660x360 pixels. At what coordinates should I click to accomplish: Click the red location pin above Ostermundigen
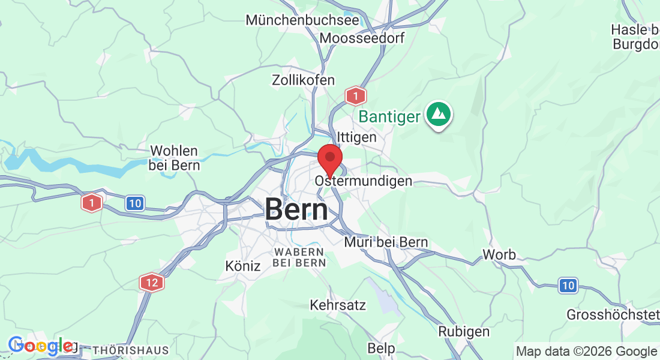coord(329,160)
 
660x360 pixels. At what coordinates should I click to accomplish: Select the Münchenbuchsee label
coord(302,20)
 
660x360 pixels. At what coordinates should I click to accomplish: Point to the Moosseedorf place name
coord(362,38)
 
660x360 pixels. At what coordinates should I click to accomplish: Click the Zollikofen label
coord(303,80)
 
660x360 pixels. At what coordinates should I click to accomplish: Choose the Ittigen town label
coord(357,137)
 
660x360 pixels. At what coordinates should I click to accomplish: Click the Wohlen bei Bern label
coord(175,158)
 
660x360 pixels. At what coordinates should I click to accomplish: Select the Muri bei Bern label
coord(386,242)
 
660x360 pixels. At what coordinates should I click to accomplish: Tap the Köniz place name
coord(243,265)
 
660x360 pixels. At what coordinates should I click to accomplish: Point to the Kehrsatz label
coord(338,305)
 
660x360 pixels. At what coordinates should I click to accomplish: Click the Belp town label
coord(381,348)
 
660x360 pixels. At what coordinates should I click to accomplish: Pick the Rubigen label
coord(464,331)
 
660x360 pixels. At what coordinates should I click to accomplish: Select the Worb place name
coord(499,254)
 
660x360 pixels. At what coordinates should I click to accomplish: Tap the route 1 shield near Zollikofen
coord(355,95)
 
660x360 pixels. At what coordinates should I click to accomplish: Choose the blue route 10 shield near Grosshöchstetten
coord(568,286)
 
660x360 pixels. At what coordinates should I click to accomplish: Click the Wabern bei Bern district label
coord(299,257)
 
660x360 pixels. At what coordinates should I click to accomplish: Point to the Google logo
coord(41,346)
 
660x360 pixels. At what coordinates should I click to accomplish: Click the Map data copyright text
coord(586,352)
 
